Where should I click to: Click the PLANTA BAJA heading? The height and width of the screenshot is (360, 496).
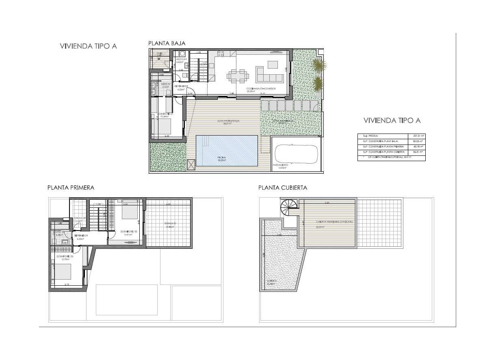pyautogui.click(x=167, y=43)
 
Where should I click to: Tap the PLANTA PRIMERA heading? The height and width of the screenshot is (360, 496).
pyautogui.click(x=71, y=188)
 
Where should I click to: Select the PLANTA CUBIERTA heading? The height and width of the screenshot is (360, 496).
pyautogui.click(x=283, y=188)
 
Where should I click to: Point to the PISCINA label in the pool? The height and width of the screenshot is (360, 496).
pyautogui.click(x=221, y=157)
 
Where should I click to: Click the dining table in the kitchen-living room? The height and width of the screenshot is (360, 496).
pyautogui.click(x=238, y=75)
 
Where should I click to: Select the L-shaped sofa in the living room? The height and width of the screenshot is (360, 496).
pyautogui.click(x=269, y=74)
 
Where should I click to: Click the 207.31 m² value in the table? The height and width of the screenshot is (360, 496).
pyautogui.click(x=418, y=136)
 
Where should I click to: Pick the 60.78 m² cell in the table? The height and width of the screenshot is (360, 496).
pyautogui.click(x=418, y=147)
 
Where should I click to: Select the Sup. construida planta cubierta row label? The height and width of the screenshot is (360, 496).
pyautogui.click(x=382, y=152)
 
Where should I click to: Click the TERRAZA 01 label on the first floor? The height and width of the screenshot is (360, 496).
pyautogui.click(x=170, y=224)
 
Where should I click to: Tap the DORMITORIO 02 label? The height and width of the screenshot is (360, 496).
pyautogui.click(x=129, y=232)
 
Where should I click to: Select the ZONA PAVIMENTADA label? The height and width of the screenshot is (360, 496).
pyautogui.click(x=228, y=121)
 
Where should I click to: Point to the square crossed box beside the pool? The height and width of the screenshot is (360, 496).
pyautogui.click(x=191, y=164)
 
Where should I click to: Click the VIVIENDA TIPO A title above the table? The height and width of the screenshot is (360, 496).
pyautogui.click(x=392, y=121)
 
